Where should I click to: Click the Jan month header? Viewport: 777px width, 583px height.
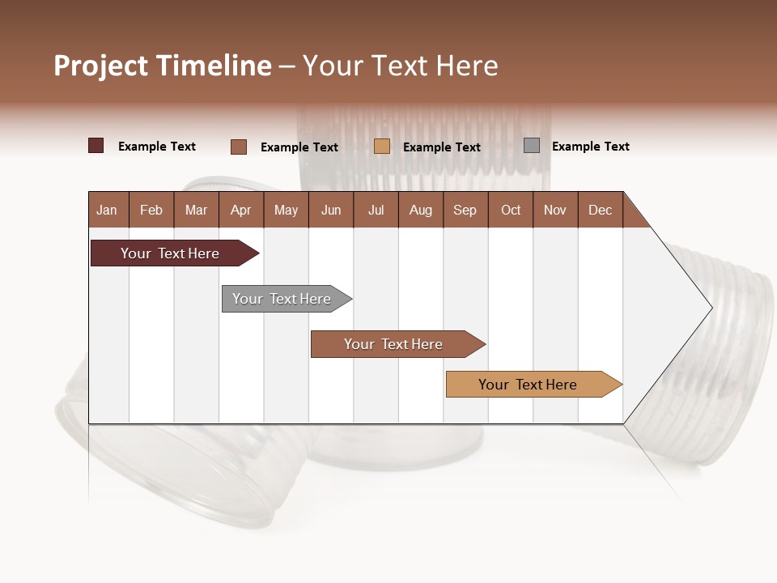tap(108, 210)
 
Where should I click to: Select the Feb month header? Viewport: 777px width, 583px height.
tap(151, 210)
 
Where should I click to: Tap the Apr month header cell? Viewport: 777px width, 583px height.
tap(241, 210)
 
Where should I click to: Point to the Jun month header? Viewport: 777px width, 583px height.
tap(331, 210)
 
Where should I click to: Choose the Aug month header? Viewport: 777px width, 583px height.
tap(421, 210)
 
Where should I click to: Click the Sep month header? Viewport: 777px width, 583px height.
tap(465, 210)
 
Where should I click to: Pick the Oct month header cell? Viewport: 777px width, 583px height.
tap(511, 210)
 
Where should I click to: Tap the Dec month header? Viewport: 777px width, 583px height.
tap(601, 210)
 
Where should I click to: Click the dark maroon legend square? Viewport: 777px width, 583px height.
tap(96, 146)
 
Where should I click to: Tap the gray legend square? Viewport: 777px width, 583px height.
tap(532, 146)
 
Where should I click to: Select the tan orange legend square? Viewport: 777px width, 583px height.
tap(382, 147)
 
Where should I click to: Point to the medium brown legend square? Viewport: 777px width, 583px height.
tap(239, 147)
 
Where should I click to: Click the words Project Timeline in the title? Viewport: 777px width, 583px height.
tap(163, 66)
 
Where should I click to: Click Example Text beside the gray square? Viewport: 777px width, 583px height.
tap(590, 147)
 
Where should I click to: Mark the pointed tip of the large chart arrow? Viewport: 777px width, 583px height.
tap(711, 308)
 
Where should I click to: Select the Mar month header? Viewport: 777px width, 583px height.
tap(197, 210)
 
